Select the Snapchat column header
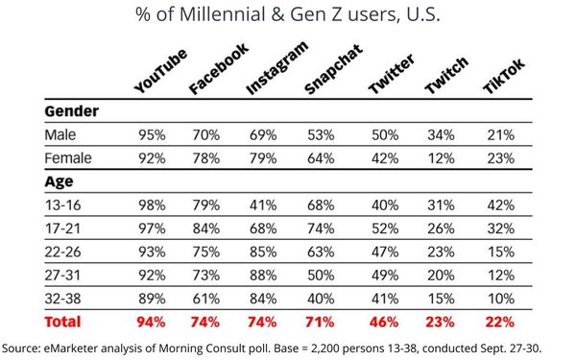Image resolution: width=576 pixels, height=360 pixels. [x=329, y=72]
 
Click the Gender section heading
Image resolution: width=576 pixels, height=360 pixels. [x=73, y=111]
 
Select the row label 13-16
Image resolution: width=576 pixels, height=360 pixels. [x=61, y=203]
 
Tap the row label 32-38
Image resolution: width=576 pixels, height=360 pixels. [x=62, y=297]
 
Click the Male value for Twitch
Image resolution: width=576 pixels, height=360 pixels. [x=440, y=134]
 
